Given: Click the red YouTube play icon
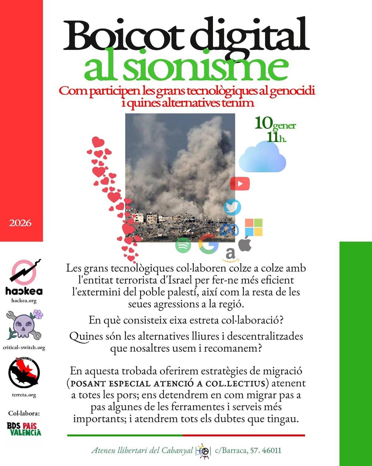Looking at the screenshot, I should [240, 184].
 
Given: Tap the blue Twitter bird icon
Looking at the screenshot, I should [232, 207].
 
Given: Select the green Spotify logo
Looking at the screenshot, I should [183, 245].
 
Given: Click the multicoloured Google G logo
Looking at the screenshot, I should [208, 244].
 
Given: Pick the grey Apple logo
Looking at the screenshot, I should [245, 244].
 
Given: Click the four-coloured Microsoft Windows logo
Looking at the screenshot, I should [254, 227].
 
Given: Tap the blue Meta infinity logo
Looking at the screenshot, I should [230, 230].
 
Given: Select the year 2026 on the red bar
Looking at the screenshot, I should [20, 223].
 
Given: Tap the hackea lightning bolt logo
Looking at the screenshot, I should [24, 272].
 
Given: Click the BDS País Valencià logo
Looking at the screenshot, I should [24, 429].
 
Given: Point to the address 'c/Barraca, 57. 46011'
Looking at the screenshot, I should [248, 450].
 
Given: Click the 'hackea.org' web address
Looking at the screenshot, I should [24, 300].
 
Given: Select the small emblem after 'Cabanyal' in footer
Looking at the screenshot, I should [204, 451].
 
